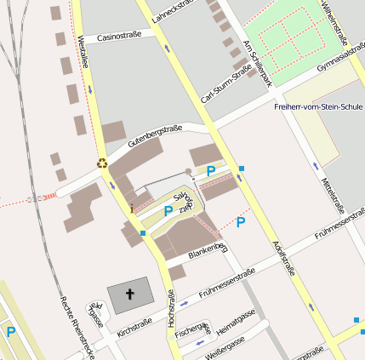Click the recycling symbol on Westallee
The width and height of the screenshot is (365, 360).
[102, 163]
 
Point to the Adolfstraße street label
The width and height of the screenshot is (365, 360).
[283, 256]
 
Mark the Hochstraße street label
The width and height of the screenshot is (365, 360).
[171, 308]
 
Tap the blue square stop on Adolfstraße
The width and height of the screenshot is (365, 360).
[242, 169]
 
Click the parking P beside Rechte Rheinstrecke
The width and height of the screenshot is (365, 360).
[10, 332]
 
